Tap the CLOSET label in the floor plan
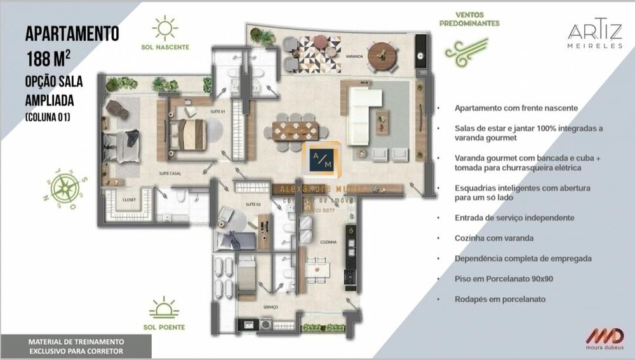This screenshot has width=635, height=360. point(130,199)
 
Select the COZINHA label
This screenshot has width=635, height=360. point(328,242)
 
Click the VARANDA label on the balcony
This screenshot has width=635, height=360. point(354,57)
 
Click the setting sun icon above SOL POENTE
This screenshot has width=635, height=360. point(164,308)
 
